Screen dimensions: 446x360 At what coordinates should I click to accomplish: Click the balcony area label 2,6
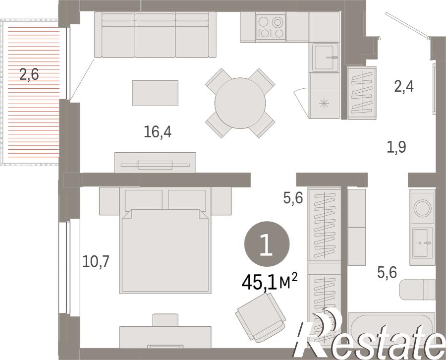[x=29, y=74]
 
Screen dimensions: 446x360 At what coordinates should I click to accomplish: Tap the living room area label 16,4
[x=158, y=132]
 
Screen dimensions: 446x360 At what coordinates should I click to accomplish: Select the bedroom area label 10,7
[x=96, y=261]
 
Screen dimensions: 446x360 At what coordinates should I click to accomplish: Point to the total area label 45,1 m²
[x=270, y=282]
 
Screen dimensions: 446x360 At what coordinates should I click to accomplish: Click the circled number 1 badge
[x=267, y=244]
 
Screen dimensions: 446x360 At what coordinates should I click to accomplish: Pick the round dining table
[x=240, y=103]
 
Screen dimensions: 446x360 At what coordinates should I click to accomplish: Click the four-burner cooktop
[x=271, y=27]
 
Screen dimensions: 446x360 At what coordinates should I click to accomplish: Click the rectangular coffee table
[x=155, y=93]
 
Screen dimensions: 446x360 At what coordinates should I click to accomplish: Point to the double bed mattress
[x=166, y=251]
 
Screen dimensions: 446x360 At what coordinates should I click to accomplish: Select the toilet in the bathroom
[x=417, y=290]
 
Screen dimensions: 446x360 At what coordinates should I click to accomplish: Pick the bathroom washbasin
[x=423, y=243]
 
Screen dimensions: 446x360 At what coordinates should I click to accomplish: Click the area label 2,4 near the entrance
[x=404, y=86]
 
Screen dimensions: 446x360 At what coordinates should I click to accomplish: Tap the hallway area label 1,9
[x=396, y=147]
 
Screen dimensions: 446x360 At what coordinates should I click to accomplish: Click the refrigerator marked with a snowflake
[x=324, y=103]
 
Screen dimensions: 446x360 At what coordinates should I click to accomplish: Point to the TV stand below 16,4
[x=155, y=163]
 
